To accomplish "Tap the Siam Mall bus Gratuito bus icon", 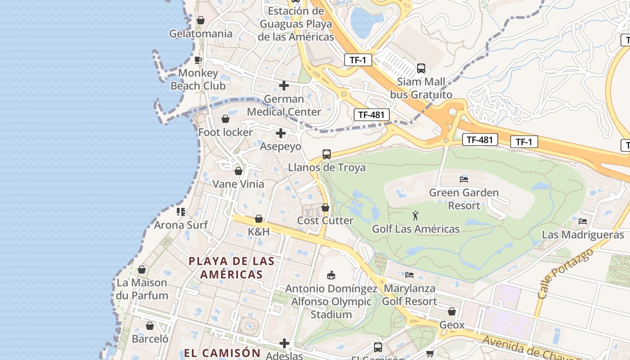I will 421,68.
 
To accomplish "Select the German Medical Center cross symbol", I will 284,85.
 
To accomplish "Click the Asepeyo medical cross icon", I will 281,133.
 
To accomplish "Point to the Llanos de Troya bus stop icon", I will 327,154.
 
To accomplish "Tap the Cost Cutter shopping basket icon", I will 325,207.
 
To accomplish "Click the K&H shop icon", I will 259,219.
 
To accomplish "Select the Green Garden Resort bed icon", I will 464,179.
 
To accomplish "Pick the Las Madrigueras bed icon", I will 583,221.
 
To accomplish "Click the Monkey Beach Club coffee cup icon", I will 198,59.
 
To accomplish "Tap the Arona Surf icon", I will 181,211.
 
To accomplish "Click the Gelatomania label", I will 201,34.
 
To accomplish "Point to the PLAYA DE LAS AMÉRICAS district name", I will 231,268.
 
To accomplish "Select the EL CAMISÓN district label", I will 222,353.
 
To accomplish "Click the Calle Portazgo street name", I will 565,274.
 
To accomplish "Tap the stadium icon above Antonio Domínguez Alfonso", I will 331,274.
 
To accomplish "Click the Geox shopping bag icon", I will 452,311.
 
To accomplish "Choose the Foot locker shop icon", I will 225,119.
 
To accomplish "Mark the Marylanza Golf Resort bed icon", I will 409,274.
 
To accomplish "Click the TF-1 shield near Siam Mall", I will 358,60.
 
